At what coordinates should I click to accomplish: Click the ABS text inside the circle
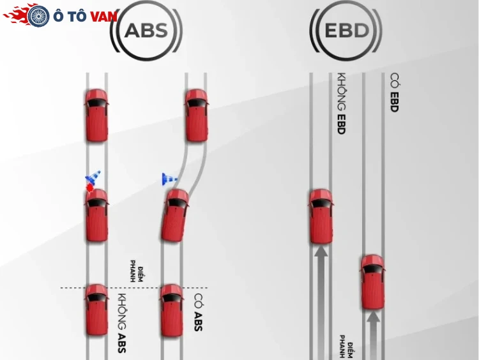tap(147, 30)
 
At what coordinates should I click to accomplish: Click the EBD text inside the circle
tap(347, 30)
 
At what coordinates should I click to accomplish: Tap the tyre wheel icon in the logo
tap(38, 15)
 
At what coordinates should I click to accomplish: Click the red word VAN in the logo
tap(104, 17)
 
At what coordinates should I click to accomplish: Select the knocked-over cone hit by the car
tap(93, 177)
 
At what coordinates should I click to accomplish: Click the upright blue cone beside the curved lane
tap(169, 179)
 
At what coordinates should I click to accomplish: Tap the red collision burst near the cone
tap(89, 188)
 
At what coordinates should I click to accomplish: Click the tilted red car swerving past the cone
tap(175, 215)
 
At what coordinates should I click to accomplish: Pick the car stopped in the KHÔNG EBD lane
tap(321, 216)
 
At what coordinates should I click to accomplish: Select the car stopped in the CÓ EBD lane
tap(373, 282)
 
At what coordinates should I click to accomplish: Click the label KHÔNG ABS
tap(121, 323)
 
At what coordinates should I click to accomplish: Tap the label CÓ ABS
tap(198, 312)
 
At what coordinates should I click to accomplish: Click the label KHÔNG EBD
tap(341, 103)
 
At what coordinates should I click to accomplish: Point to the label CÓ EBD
tap(394, 92)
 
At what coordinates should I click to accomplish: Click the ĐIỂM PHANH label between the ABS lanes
tap(137, 271)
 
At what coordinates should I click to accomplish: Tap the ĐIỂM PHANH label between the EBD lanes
tap(346, 347)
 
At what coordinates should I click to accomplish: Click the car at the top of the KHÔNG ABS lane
tap(96, 115)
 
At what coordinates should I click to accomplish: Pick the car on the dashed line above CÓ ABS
tap(172, 310)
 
